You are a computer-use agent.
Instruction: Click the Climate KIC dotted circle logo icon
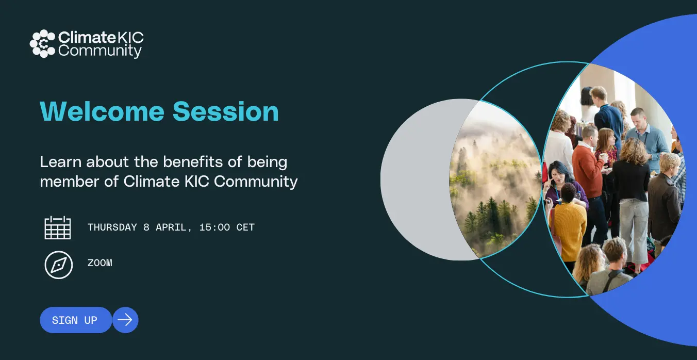(x=42, y=44)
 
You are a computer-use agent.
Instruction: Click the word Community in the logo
(x=100, y=51)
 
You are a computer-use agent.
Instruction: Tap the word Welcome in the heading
(x=102, y=111)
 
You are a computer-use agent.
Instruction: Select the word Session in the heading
(x=226, y=111)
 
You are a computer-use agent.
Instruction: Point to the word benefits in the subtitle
(x=193, y=162)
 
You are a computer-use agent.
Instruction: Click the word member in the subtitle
(x=70, y=181)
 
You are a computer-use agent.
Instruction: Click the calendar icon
(x=58, y=227)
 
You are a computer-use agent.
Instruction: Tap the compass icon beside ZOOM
(x=58, y=265)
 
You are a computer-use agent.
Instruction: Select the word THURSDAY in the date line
(x=112, y=227)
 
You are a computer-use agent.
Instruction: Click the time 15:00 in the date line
(x=214, y=227)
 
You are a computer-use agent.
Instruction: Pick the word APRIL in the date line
(x=171, y=227)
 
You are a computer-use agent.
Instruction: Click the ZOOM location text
(x=100, y=263)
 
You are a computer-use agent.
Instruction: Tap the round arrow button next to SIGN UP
(x=125, y=320)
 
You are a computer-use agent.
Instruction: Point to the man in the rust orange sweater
(x=588, y=168)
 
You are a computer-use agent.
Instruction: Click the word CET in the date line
(x=245, y=227)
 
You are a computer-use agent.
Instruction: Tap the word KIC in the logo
(x=131, y=38)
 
